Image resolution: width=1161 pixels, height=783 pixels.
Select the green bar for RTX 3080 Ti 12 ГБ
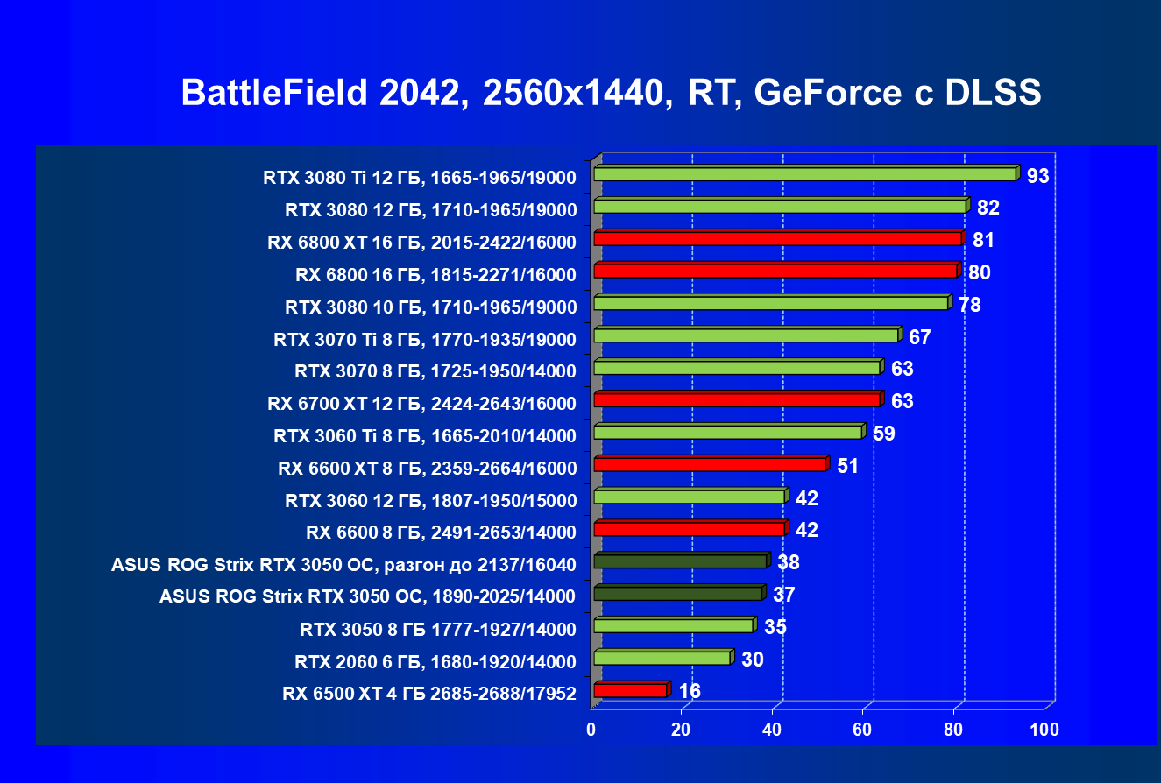point(804,174)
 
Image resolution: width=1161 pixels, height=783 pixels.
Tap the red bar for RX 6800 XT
point(777,238)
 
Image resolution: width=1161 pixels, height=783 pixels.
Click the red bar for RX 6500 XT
point(630,691)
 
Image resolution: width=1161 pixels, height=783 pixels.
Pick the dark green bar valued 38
point(680,561)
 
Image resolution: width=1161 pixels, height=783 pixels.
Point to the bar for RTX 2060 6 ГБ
point(662,658)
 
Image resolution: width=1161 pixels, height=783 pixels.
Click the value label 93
point(1038,176)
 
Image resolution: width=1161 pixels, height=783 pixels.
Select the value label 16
point(690,691)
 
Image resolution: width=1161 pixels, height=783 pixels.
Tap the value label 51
point(847,465)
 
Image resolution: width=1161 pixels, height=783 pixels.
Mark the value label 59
point(883,433)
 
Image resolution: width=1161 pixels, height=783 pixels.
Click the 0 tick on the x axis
point(592,730)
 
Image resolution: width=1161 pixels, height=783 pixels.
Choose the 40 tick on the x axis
point(773,730)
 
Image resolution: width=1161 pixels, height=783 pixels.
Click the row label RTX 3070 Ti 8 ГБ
point(425,340)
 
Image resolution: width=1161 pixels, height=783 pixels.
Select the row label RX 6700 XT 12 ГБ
point(421,404)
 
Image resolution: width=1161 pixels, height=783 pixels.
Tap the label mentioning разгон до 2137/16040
point(343,565)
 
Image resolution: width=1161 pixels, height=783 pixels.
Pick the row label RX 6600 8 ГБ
point(441,533)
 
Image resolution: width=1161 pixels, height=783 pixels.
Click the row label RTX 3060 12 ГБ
point(430,501)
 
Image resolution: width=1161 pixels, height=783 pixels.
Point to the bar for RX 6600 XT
point(710,464)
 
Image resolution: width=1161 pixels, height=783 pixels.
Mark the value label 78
point(970,305)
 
